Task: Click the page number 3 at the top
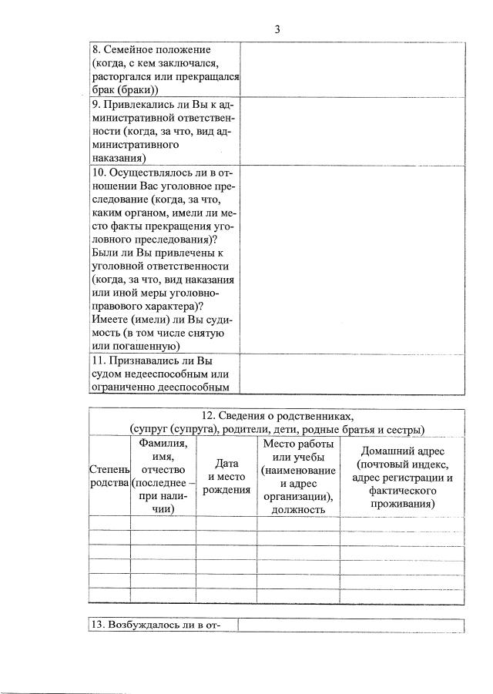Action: [277, 29]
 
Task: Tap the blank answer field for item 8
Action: [353, 69]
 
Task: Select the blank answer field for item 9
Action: [353, 131]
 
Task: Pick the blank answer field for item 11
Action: [353, 373]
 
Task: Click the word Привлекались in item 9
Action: [143, 104]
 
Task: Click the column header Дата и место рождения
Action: [226, 476]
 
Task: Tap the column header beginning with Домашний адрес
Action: [402, 476]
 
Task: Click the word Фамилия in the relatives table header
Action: [163, 444]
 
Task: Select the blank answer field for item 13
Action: [350, 625]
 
